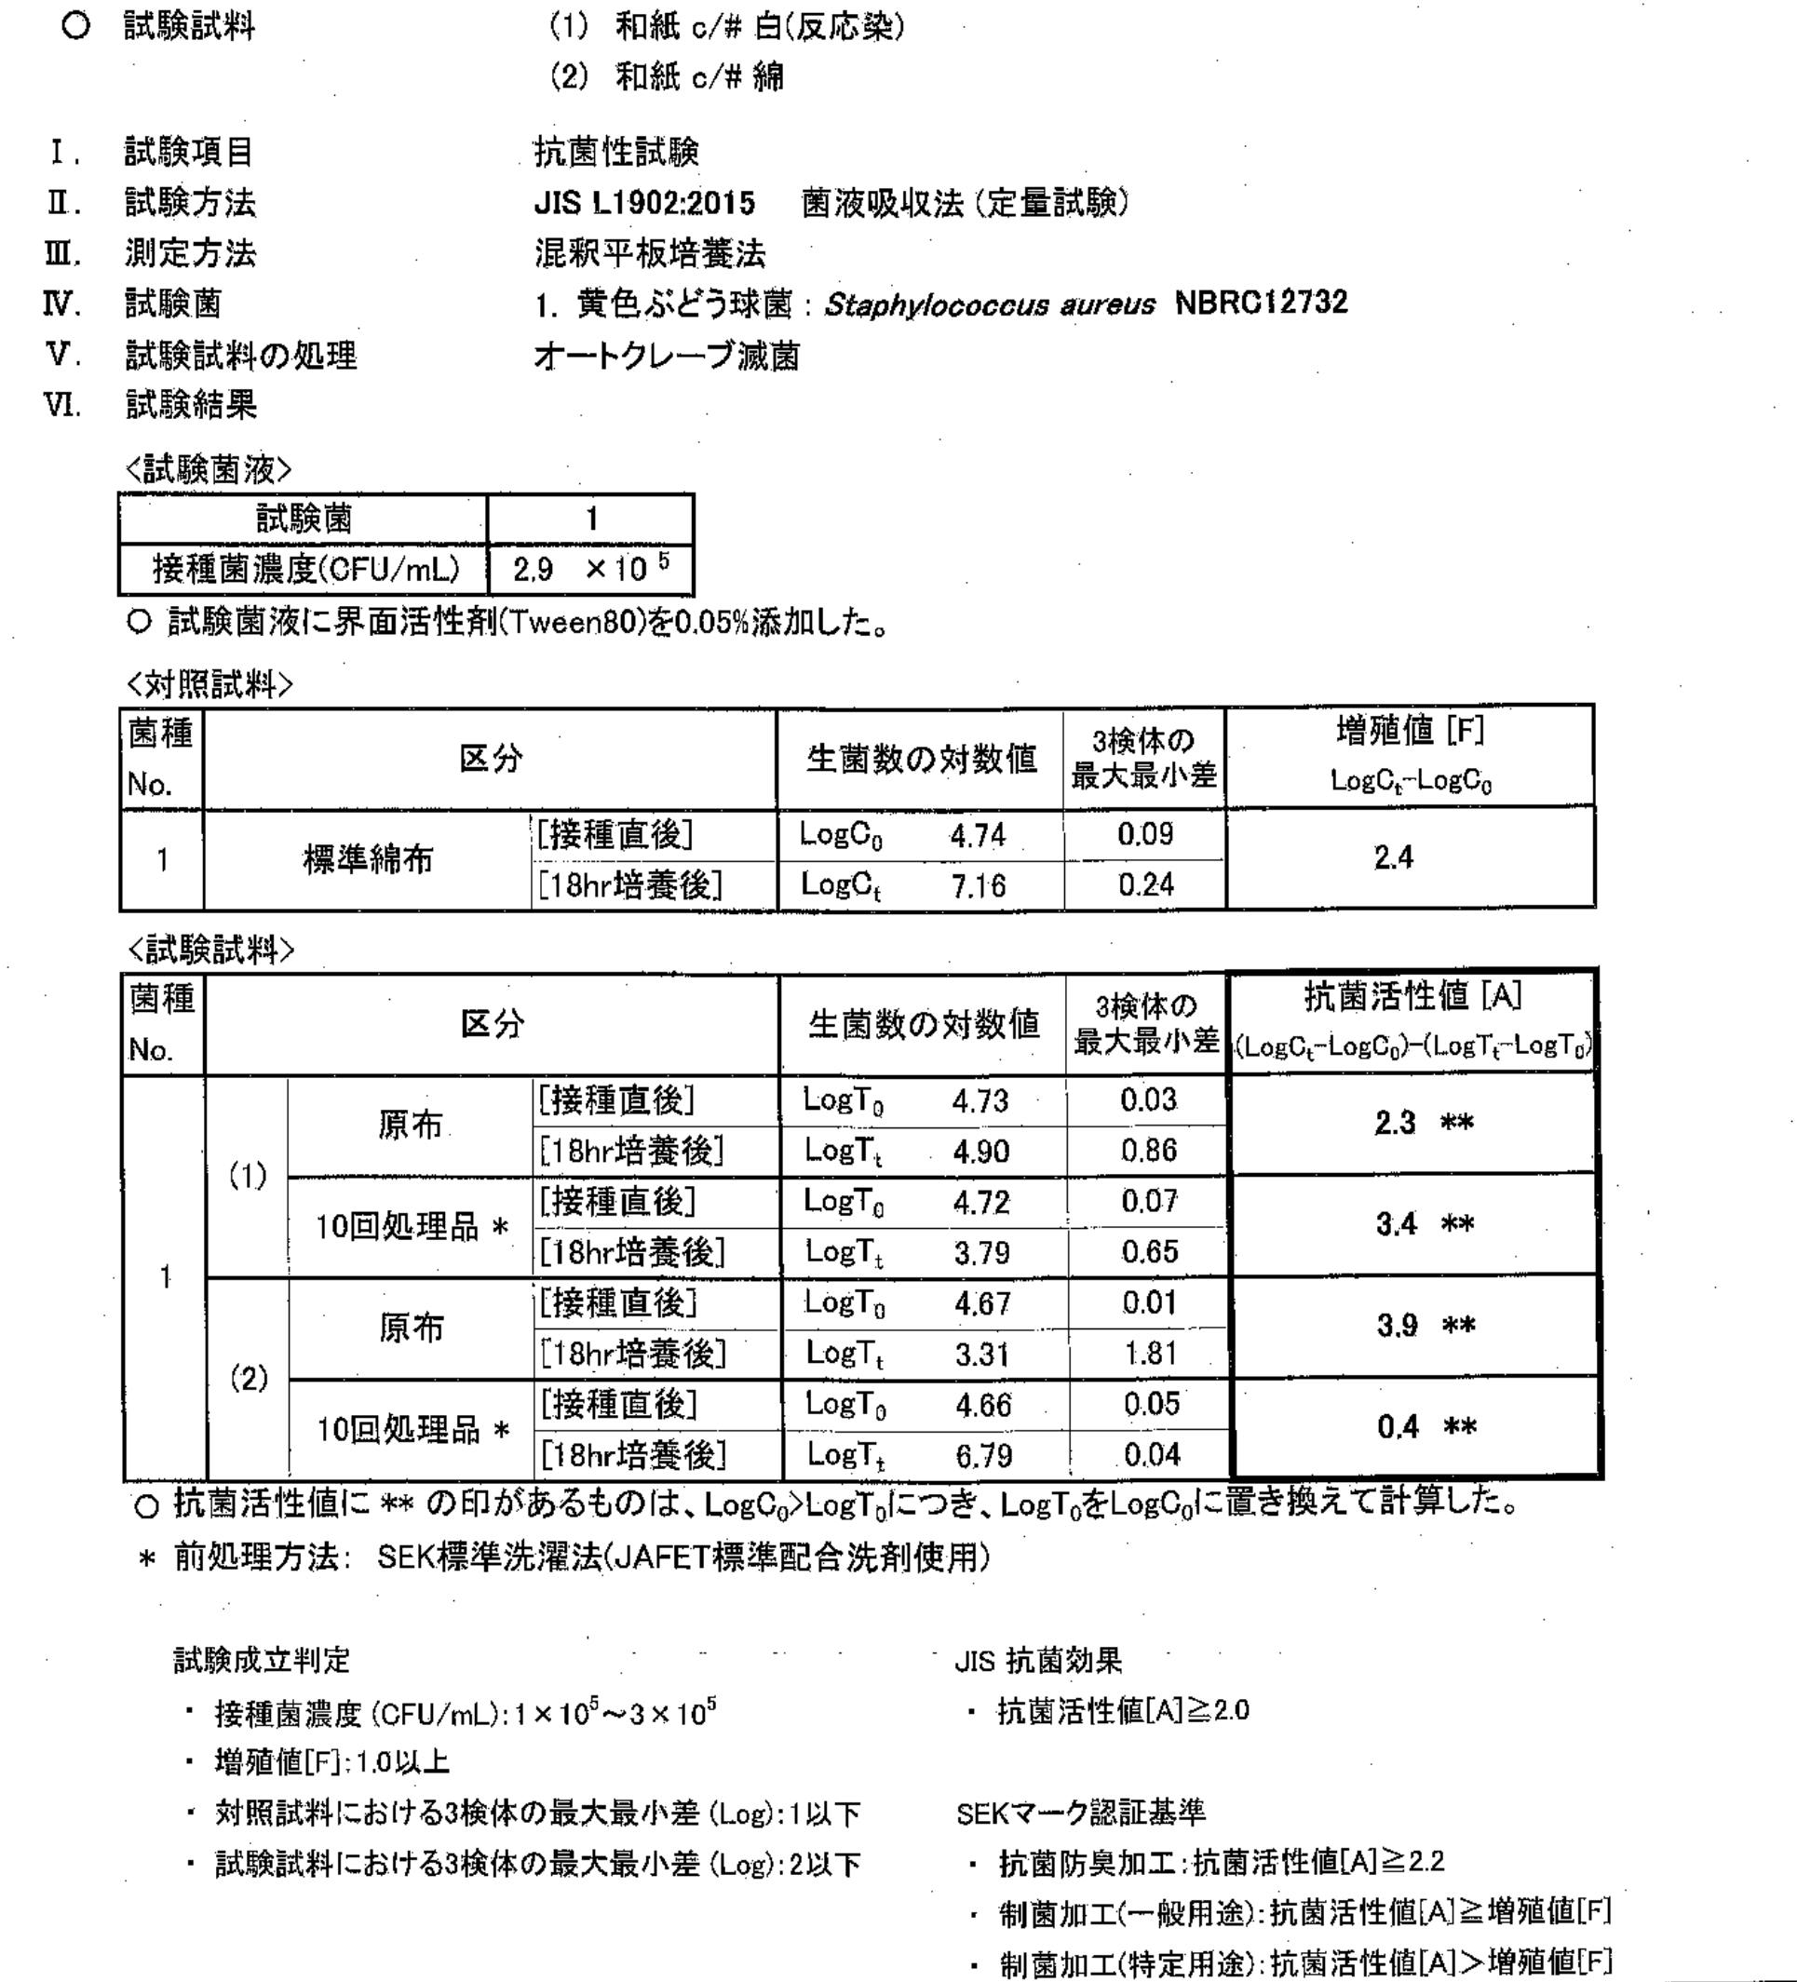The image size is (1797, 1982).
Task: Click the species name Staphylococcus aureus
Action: (989, 304)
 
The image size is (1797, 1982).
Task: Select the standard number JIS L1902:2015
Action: (645, 204)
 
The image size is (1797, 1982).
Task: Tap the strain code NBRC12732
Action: (1262, 303)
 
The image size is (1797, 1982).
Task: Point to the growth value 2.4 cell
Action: (1393, 858)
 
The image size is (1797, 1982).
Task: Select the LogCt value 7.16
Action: (979, 887)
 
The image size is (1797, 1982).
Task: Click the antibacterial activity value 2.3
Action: (1395, 1123)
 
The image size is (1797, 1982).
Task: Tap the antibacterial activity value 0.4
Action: (1397, 1426)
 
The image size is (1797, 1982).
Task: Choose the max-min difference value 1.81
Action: (1150, 1354)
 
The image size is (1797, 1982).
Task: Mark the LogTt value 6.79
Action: (984, 1455)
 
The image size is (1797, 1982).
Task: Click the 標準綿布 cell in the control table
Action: (367, 860)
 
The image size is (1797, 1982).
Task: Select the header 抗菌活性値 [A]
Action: (1412, 997)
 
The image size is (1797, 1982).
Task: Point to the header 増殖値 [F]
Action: (1410, 732)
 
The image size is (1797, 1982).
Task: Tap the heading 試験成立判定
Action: (262, 1661)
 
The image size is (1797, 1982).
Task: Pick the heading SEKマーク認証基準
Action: (1080, 1812)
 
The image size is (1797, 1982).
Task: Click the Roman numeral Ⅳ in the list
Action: (62, 303)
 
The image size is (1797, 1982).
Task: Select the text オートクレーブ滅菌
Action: (667, 356)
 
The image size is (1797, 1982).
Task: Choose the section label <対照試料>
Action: (209, 684)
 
